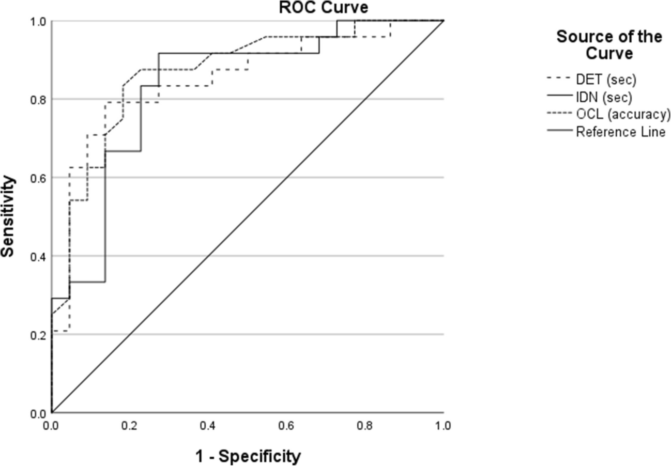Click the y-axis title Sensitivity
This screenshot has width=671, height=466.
(x=9, y=216)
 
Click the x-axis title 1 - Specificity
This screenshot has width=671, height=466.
(x=248, y=456)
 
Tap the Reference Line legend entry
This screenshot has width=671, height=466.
(x=620, y=132)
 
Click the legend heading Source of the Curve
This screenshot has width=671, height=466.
(x=608, y=45)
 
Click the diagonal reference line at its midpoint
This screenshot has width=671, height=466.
(x=248, y=217)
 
